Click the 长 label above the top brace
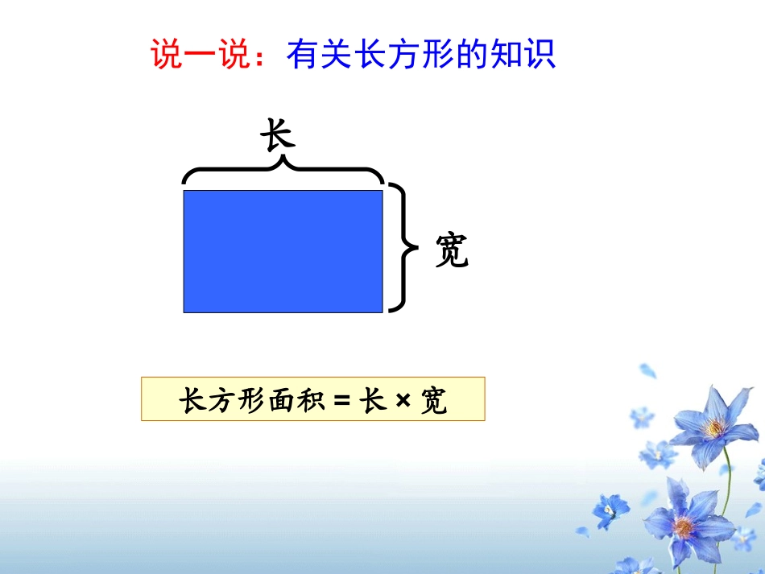278,135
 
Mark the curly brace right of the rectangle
399,247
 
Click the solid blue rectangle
283,250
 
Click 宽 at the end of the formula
434,400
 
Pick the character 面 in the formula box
279,400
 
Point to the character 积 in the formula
309,400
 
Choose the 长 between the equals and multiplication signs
373,400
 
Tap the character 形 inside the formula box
248,400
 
